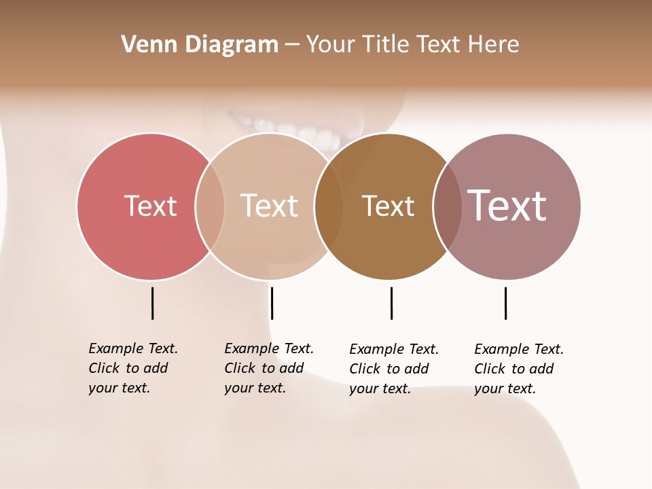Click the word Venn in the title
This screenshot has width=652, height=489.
point(143,45)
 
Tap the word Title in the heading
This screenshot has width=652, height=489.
point(386,45)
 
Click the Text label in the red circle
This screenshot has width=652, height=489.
point(150,206)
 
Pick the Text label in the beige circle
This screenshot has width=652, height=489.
point(270,206)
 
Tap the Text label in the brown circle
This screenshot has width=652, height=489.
point(388,206)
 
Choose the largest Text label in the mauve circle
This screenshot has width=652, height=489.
point(507,205)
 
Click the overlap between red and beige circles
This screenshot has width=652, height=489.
point(210,206)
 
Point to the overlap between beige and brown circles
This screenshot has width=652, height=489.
point(329,206)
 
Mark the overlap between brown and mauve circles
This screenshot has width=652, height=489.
point(448,206)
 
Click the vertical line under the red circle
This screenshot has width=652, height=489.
point(152,303)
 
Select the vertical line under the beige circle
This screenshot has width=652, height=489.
point(272,303)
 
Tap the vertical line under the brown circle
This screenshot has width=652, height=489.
point(391,303)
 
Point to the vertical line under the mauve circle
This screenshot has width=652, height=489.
point(505,303)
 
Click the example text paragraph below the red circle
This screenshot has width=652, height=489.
point(133,368)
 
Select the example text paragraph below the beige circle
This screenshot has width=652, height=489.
point(269,368)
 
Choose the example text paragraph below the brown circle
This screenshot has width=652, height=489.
point(394,369)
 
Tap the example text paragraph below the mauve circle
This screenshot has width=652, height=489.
point(519,369)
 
